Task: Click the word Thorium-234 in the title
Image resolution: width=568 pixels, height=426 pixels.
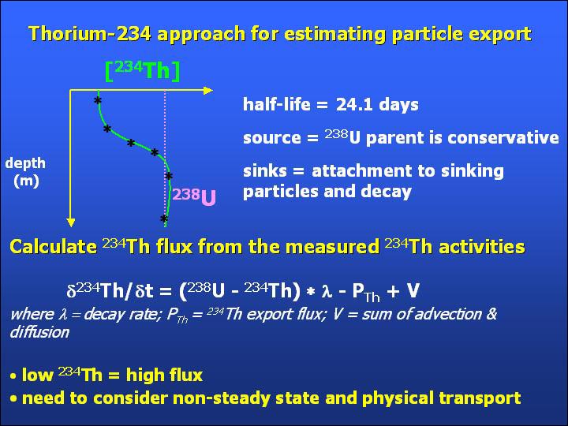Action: pos(89,34)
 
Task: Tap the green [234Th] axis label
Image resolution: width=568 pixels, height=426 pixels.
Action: pos(142,71)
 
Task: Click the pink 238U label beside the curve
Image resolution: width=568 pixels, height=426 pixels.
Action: pos(194,196)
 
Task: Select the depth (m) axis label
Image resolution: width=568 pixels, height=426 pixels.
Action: pos(25,172)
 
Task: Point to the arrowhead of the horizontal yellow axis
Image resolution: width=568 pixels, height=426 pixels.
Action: pos(208,91)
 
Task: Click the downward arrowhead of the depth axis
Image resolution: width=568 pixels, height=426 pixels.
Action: pos(71,222)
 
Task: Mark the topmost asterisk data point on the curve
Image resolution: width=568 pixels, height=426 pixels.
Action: pos(98,101)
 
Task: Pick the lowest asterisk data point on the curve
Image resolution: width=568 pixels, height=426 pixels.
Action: pos(164,219)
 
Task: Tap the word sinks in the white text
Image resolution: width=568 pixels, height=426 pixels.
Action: pos(265,171)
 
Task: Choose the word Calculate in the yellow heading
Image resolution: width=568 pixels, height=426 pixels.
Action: pos(54,247)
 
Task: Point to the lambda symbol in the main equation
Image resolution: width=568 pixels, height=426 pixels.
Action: pos(327,291)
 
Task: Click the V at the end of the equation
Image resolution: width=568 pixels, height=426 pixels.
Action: pos(413,290)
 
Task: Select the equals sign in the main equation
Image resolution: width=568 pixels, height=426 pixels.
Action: pos(165,291)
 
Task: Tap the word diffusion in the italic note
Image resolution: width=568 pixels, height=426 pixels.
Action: pos(39,332)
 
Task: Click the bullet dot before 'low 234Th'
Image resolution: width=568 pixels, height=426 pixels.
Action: pos(13,376)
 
